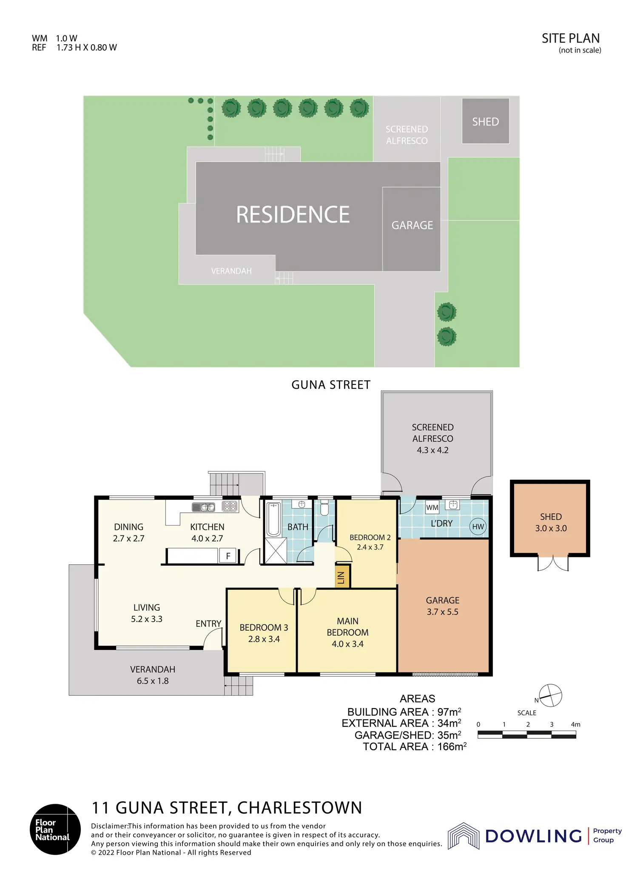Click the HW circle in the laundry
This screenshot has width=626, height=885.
tap(478, 526)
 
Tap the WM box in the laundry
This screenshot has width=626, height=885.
tap(432, 507)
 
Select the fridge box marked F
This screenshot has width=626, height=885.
tap(228, 555)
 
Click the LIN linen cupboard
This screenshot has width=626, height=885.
tap(342, 576)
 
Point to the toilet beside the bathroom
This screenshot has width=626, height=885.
tap(325, 507)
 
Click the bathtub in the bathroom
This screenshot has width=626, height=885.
tap(273, 519)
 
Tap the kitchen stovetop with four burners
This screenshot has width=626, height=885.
tap(230, 506)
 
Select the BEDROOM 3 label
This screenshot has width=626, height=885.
tap(264, 627)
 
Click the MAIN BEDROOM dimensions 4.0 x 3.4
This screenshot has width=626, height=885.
tap(347, 644)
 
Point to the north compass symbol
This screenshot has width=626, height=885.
tap(550, 696)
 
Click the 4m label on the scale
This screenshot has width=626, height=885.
tap(575, 724)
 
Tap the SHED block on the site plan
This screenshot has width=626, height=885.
tap(486, 121)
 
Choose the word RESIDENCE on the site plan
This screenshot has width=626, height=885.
tap(293, 214)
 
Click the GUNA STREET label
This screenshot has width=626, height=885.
tap(331, 385)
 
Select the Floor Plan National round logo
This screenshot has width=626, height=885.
tap(55, 829)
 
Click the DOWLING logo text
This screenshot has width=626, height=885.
tap(533, 836)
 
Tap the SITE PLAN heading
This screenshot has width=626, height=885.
tap(571, 38)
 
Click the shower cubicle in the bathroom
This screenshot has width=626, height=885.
tap(276, 550)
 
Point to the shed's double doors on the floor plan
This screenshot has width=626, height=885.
tap(553, 563)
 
